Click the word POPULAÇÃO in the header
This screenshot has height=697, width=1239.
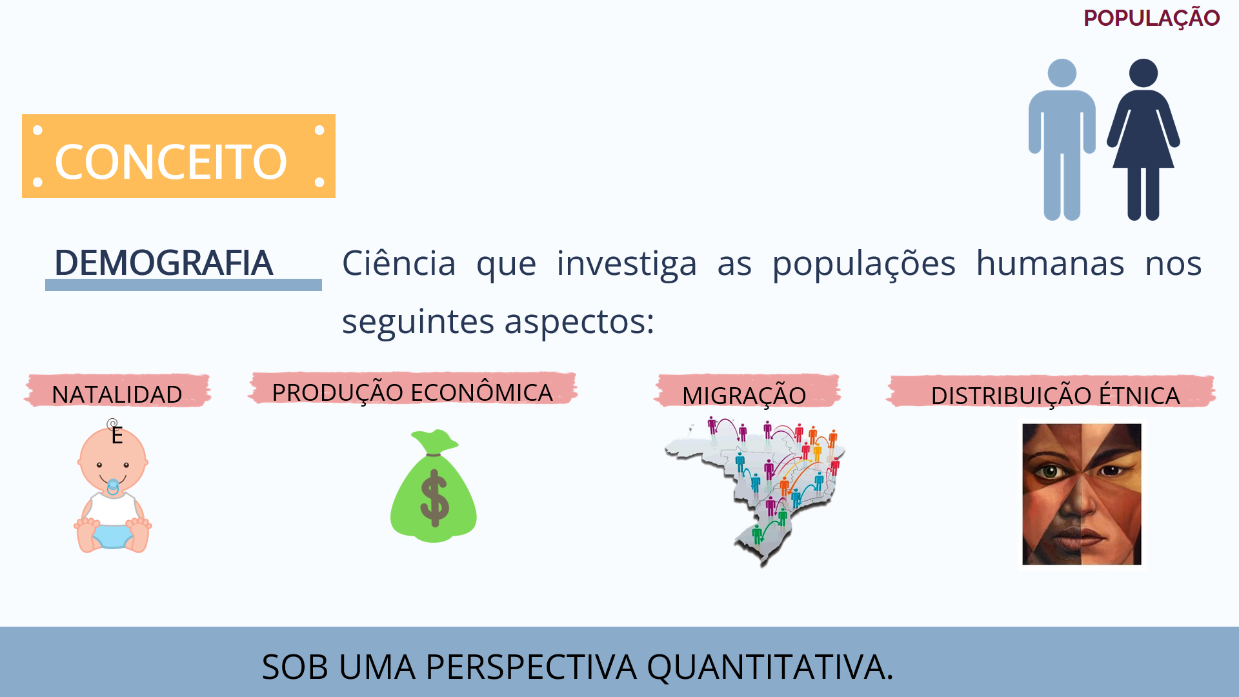click(x=1151, y=18)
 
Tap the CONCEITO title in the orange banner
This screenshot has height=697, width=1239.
click(x=171, y=161)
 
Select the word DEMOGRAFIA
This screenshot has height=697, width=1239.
click(x=163, y=263)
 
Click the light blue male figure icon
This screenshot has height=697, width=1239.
click(x=1062, y=139)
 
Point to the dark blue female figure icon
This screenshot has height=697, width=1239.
click(x=1143, y=139)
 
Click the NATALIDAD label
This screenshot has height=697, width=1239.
click(x=117, y=394)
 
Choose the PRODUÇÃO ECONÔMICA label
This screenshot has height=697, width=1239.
click(x=412, y=392)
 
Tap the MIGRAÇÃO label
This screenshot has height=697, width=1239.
click(x=744, y=396)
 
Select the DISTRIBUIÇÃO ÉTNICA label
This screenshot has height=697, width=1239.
click(x=1055, y=396)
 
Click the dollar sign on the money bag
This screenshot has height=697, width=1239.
click(x=434, y=497)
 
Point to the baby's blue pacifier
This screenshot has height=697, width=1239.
click(x=113, y=487)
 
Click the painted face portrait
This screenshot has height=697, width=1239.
click(x=1082, y=494)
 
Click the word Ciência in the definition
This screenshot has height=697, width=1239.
click(x=399, y=263)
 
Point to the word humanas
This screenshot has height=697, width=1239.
click(x=1050, y=263)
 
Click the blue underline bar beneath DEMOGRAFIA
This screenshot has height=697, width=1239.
click(x=183, y=285)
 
